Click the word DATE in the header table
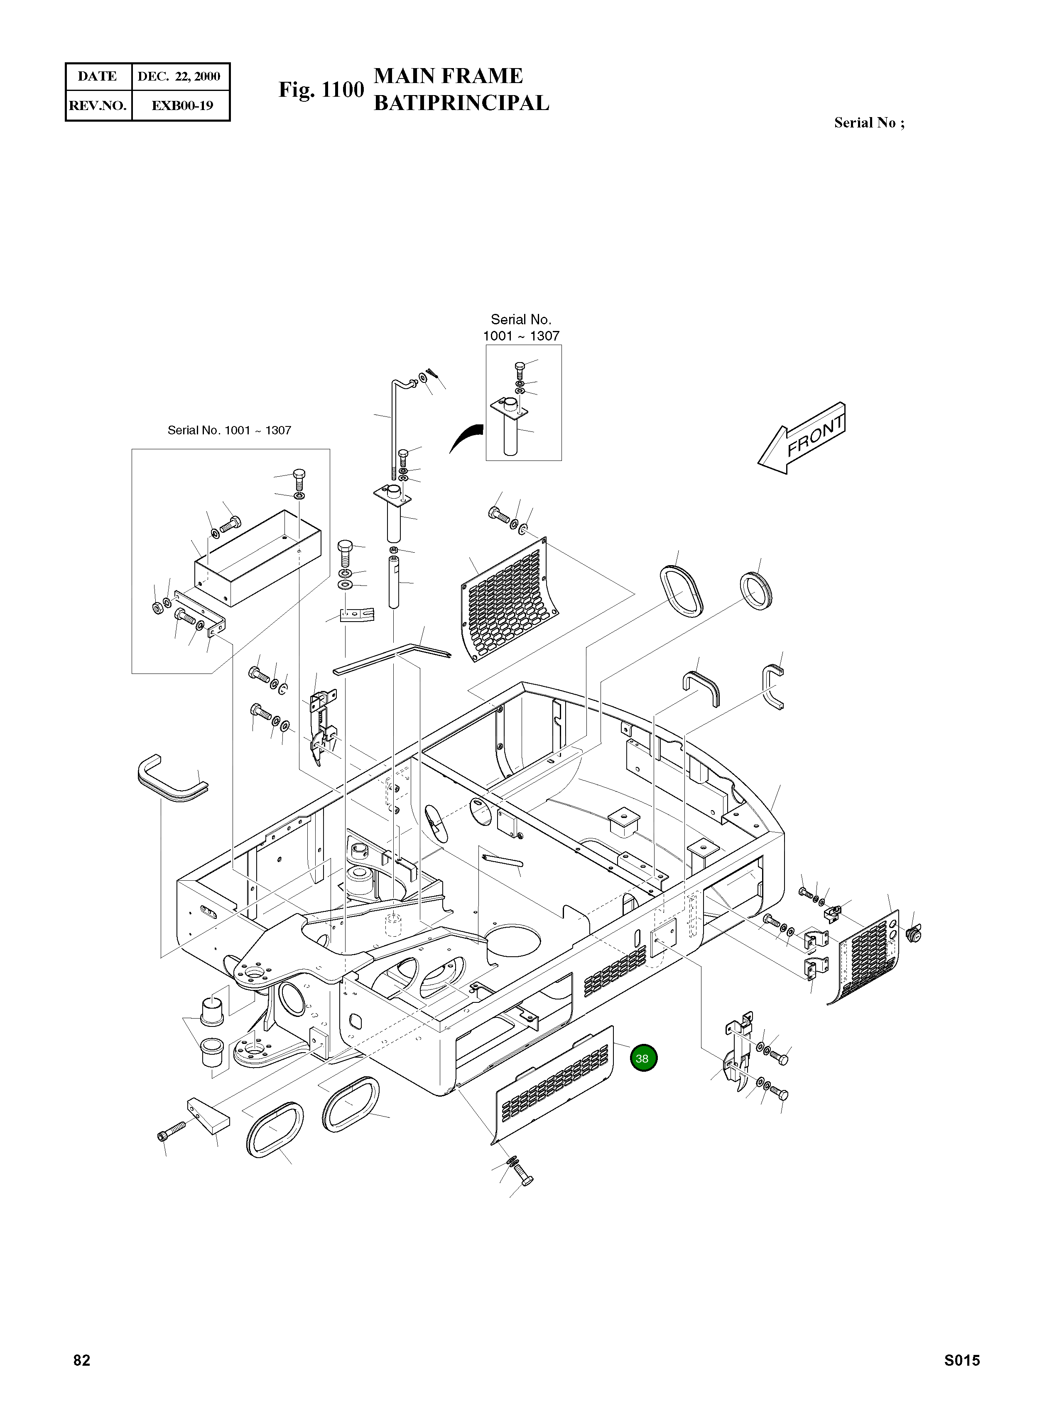(x=97, y=77)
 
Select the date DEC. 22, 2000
(x=179, y=77)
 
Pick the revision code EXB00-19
(x=181, y=105)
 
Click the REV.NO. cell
(x=98, y=105)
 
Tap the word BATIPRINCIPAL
(x=461, y=103)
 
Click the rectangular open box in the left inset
(x=257, y=558)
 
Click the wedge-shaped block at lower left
(x=208, y=1114)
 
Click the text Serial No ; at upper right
(x=868, y=123)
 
